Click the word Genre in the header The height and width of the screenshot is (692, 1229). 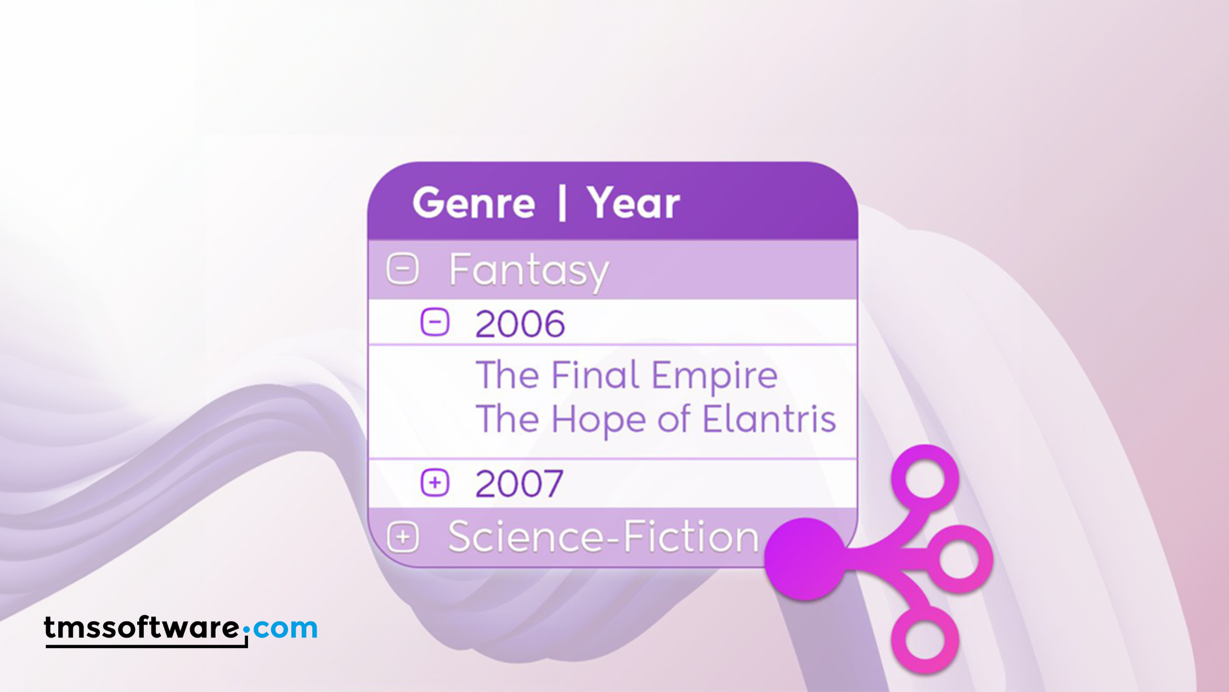(x=473, y=203)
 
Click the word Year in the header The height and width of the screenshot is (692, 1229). (x=634, y=203)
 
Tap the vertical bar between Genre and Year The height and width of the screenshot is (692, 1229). (x=562, y=203)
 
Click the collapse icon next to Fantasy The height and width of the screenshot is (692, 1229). (x=403, y=269)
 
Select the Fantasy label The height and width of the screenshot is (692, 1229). (x=529, y=271)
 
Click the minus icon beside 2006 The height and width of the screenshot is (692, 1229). (x=435, y=322)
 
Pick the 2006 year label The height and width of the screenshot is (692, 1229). (x=520, y=323)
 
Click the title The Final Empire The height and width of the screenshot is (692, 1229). (x=627, y=375)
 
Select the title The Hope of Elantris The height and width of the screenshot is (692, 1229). (x=656, y=420)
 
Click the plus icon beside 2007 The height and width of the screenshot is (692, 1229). (x=435, y=483)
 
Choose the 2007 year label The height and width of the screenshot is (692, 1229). (x=519, y=483)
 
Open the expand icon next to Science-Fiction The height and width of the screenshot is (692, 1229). (x=403, y=537)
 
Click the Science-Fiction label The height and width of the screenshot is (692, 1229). (x=604, y=537)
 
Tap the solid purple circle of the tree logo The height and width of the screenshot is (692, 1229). (x=805, y=559)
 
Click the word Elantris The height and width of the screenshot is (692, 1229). (x=769, y=420)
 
